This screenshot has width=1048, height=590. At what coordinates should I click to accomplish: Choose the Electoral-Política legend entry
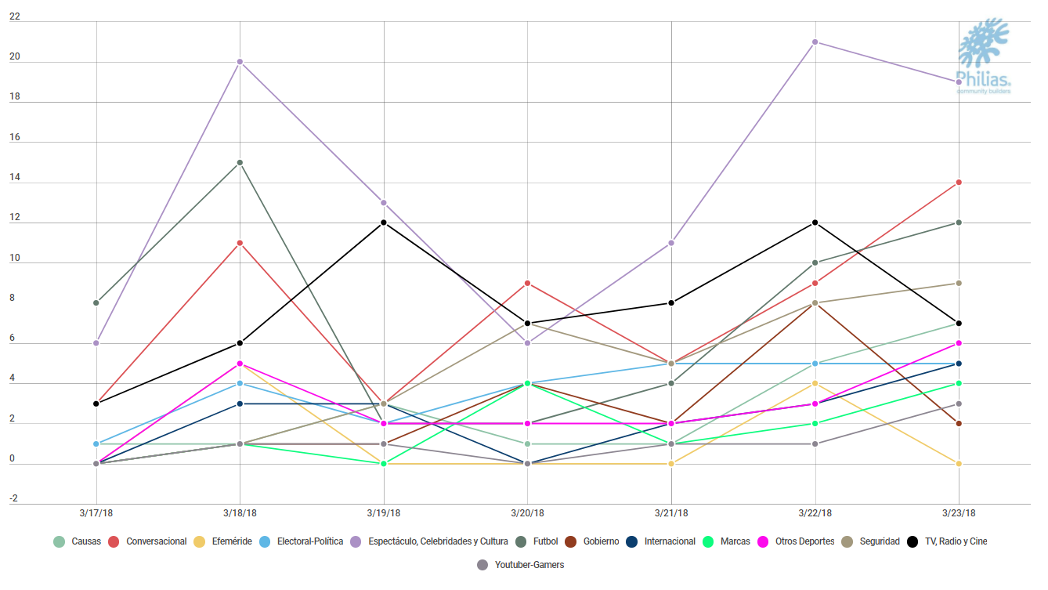303,541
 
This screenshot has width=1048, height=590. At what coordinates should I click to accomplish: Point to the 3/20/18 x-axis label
527,513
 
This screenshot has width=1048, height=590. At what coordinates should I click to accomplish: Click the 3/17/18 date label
96,513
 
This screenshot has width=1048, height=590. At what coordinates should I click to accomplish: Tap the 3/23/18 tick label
959,513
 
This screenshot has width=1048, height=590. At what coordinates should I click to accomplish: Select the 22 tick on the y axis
14,16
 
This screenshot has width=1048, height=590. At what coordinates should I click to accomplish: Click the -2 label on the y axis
13,499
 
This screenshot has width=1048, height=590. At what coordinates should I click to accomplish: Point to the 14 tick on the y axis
14,177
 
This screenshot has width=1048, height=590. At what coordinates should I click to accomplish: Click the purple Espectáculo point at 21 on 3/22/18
815,42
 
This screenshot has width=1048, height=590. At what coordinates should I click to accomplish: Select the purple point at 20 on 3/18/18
240,62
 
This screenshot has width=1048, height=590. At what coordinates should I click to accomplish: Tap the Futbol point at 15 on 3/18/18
240,162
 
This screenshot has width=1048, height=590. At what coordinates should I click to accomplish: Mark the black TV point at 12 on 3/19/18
384,223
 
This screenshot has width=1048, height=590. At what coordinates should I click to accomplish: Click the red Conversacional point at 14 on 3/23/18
959,183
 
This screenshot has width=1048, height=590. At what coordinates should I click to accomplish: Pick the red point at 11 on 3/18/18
240,243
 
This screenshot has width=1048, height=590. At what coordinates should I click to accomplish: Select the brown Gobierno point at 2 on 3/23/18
959,424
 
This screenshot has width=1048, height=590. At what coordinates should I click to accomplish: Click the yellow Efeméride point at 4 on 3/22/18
815,383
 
